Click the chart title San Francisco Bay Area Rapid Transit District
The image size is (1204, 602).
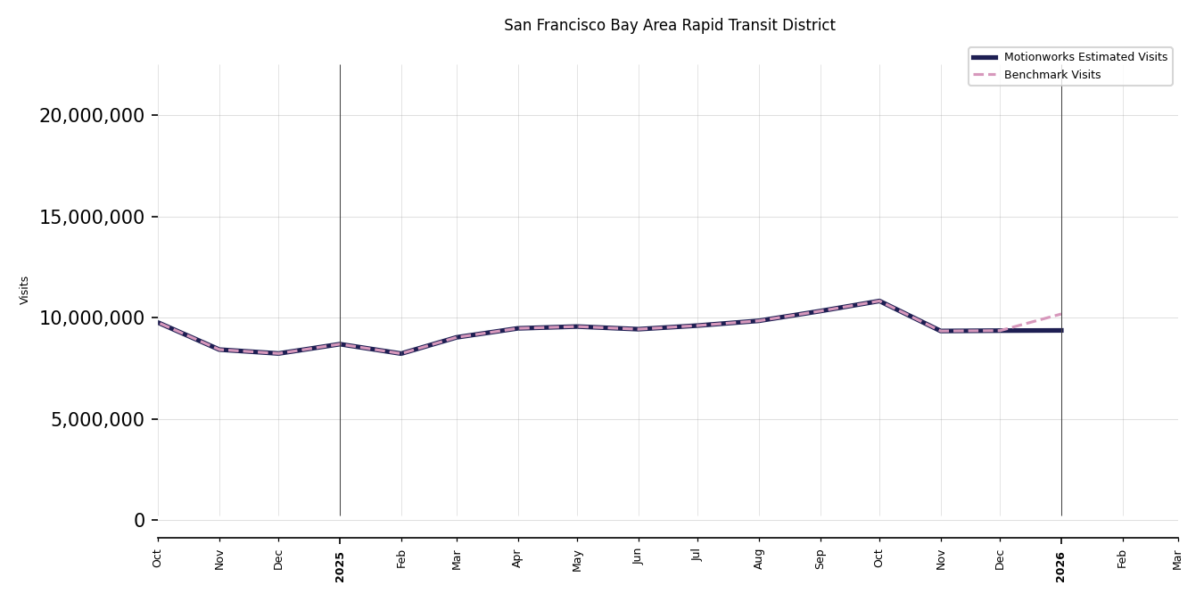[x=669, y=26]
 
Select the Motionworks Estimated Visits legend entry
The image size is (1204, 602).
[x=1084, y=57]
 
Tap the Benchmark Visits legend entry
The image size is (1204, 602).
[x=1051, y=75]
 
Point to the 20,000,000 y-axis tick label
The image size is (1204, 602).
[x=92, y=116]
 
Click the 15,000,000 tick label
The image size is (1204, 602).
[x=92, y=217]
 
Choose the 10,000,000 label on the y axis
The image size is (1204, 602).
[x=92, y=318]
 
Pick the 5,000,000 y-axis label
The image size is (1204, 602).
[x=97, y=419]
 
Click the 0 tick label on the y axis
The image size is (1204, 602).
[x=139, y=521]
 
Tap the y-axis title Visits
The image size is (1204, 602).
[x=25, y=290]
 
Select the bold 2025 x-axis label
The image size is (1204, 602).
[x=340, y=566]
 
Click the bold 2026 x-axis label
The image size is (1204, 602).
[x=1061, y=566]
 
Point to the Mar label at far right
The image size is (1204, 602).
[x=1177, y=559]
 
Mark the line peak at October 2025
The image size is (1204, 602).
[x=879, y=301]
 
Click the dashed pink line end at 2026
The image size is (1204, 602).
[x=1060, y=314]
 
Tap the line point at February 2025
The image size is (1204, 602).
[x=401, y=353]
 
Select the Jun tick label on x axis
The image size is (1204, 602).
[x=638, y=557]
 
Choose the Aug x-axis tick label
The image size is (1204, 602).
[x=759, y=558]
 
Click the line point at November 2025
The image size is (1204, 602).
[x=941, y=331]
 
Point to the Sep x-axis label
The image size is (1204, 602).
[x=821, y=558]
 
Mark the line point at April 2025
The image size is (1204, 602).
[x=518, y=328]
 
